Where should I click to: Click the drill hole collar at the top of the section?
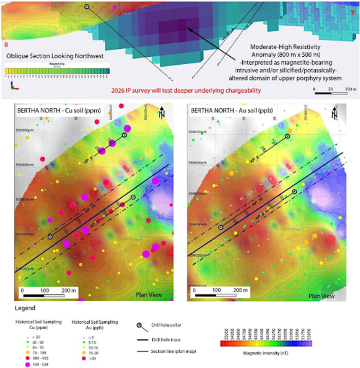pyautogui.click(x=87, y=6)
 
